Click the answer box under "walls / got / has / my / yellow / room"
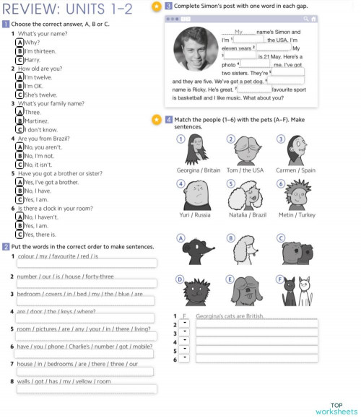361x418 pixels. (86, 389)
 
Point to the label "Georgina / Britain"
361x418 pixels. (199, 170)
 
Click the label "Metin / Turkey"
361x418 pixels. (297, 214)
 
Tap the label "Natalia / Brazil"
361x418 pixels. (248, 214)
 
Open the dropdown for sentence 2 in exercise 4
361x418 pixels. (184, 325)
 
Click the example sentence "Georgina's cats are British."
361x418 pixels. (230, 316)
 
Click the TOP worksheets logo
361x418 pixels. (336, 409)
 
